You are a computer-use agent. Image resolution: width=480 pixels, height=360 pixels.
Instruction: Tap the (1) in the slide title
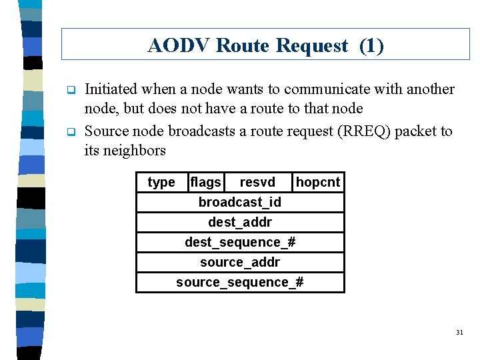(371, 45)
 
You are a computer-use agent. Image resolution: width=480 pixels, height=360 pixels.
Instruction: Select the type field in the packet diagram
(161, 182)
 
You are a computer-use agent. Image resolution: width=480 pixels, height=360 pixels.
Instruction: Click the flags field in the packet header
(205, 182)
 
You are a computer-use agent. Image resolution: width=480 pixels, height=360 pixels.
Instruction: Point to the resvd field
(257, 182)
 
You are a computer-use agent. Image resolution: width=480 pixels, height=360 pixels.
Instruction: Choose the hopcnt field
(318, 182)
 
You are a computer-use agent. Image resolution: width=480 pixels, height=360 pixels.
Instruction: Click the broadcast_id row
(240, 202)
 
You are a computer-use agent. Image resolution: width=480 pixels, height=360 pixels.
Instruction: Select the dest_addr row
(240, 222)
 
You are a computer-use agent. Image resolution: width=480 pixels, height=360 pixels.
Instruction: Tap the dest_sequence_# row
(240, 242)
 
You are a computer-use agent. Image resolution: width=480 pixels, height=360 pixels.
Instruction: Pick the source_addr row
(240, 262)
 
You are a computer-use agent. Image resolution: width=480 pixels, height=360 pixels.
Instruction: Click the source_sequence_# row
(240, 282)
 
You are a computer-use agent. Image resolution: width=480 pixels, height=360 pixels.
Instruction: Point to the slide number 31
(459, 332)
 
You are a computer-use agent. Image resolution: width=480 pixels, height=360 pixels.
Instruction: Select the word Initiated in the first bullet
(111, 89)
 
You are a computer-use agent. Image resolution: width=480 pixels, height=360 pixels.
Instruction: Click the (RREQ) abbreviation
(363, 131)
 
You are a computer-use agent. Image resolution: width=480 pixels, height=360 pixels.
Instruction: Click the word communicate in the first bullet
(329, 89)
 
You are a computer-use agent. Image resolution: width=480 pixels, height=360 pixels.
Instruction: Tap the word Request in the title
(311, 45)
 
